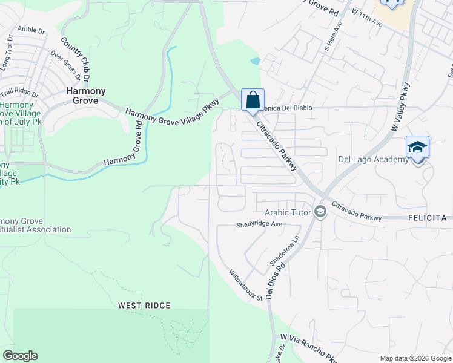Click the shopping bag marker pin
(253, 100)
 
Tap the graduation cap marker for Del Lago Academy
(417, 148)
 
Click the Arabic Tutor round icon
(320, 212)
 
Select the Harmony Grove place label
(85, 96)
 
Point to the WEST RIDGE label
(144, 306)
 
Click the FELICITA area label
(431, 217)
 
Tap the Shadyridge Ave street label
(259, 224)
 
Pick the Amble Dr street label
(31, 29)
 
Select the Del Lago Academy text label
(373, 160)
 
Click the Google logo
(20, 356)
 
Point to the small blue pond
(256, 61)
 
